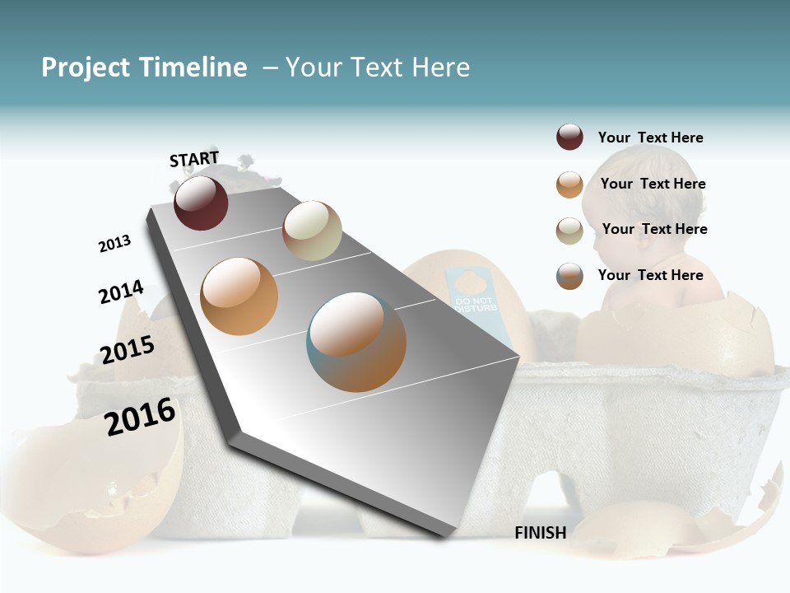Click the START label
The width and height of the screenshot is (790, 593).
click(x=194, y=159)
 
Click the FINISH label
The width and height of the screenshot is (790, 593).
click(x=541, y=533)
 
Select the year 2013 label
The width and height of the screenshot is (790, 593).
click(x=115, y=244)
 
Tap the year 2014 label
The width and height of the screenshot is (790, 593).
click(x=122, y=292)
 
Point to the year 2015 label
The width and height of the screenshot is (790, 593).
click(x=128, y=350)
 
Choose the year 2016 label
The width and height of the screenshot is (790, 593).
click(x=141, y=416)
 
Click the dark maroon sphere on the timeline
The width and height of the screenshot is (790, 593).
click(x=201, y=203)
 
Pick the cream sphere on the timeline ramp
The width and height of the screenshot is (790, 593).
click(x=312, y=231)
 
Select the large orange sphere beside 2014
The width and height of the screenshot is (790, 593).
click(x=239, y=296)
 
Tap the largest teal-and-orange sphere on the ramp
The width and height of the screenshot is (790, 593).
click(x=356, y=342)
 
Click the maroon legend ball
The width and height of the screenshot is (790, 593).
click(x=569, y=138)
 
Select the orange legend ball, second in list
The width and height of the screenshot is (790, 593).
click(x=569, y=184)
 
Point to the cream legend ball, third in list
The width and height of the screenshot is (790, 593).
click(x=569, y=231)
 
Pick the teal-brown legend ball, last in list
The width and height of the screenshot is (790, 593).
click(x=569, y=276)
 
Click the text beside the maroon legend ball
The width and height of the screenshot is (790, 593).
click(x=650, y=138)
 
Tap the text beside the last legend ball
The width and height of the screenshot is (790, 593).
click(x=650, y=275)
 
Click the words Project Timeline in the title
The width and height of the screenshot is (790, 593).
click(x=144, y=68)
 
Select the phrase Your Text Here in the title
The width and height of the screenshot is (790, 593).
click(x=377, y=68)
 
